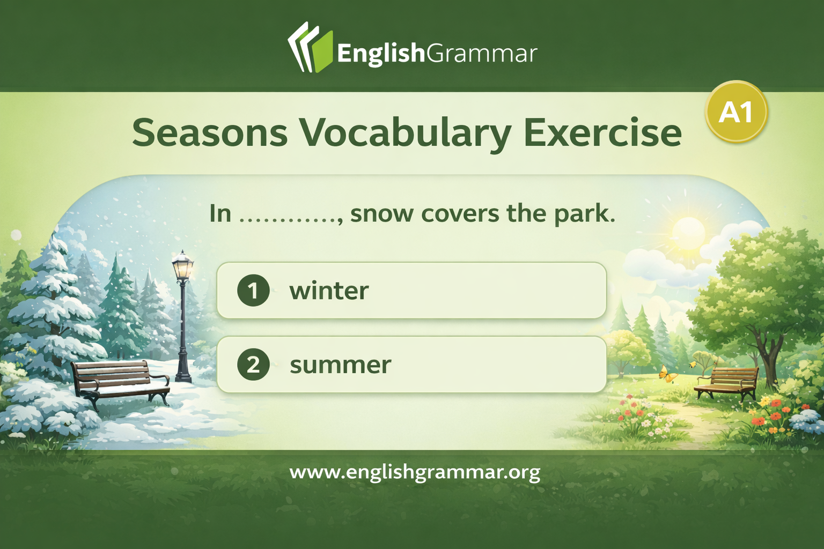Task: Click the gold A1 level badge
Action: [x=736, y=112]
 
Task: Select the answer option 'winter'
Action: [x=411, y=291]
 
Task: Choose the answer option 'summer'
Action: [x=411, y=365]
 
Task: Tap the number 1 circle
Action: [x=253, y=291]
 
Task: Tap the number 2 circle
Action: [x=253, y=365]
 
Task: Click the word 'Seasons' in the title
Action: [x=210, y=133]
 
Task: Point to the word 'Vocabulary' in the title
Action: [x=406, y=134]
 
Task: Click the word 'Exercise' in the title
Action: [x=602, y=132]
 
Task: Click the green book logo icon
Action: [x=311, y=47]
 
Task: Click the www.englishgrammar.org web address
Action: [x=415, y=472]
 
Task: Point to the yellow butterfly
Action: [x=668, y=374]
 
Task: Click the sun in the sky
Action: [x=688, y=233]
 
